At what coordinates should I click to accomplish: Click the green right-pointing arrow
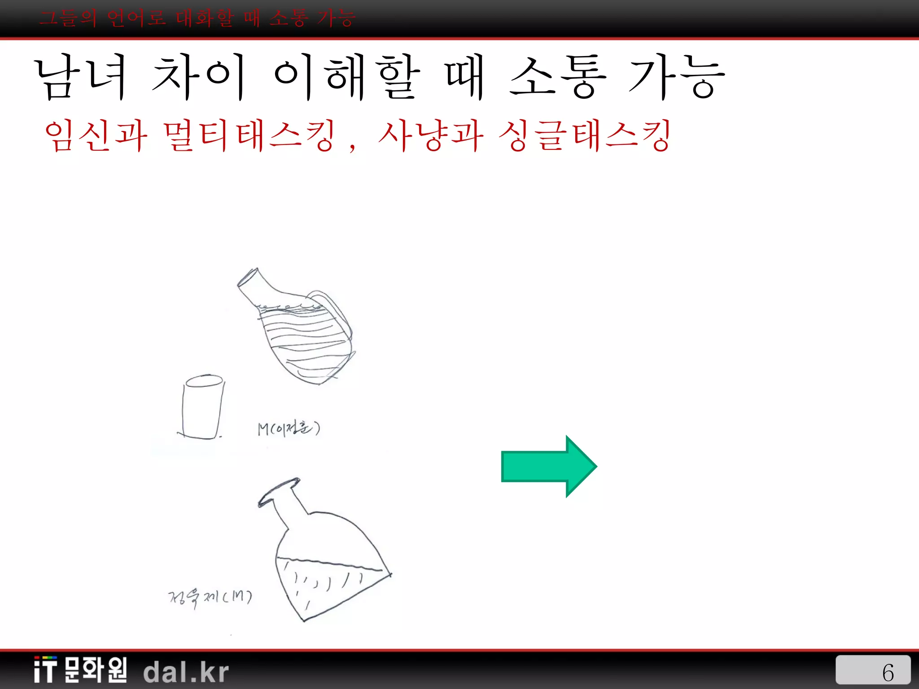click(x=548, y=467)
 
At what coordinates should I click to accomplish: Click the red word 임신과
click(x=96, y=135)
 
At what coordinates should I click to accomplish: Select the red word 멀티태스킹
click(x=249, y=135)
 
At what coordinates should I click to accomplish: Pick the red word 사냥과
click(x=431, y=135)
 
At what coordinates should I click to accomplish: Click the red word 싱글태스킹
click(x=585, y=135)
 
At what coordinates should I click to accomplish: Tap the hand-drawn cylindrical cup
click(x=203, y=407)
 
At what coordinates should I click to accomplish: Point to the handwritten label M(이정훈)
click(x=289, y=428)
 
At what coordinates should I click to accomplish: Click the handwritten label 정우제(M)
click(x=210, y=597)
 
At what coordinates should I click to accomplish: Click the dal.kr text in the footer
click(x=186, y=672)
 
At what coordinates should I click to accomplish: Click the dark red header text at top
click(x=197, y=19)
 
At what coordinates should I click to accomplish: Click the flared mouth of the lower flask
click(x=278, y=491)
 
